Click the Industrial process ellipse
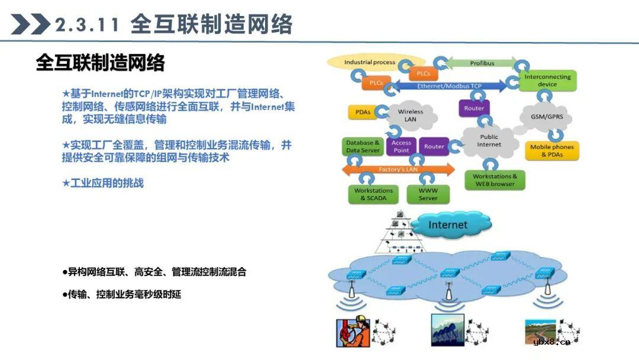tap(370, 62)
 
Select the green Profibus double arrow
tap(482, 63)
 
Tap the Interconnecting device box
tap(547, 81)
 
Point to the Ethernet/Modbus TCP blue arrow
tap(450, 86)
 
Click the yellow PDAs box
tap(363, 112)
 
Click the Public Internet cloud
tap(489, 141)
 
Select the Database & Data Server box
tap(363, 147)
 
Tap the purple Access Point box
tap(401, 147)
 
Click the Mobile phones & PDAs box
tap(551, 151)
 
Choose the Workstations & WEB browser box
tap(495, 180)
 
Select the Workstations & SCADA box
tap(373, 194)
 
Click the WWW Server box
tap(428, 194)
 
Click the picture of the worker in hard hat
tap(353, 332)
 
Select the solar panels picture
tap(447, 330)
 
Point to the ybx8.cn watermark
tap(551, 342)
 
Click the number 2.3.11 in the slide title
tap(87, 25)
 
